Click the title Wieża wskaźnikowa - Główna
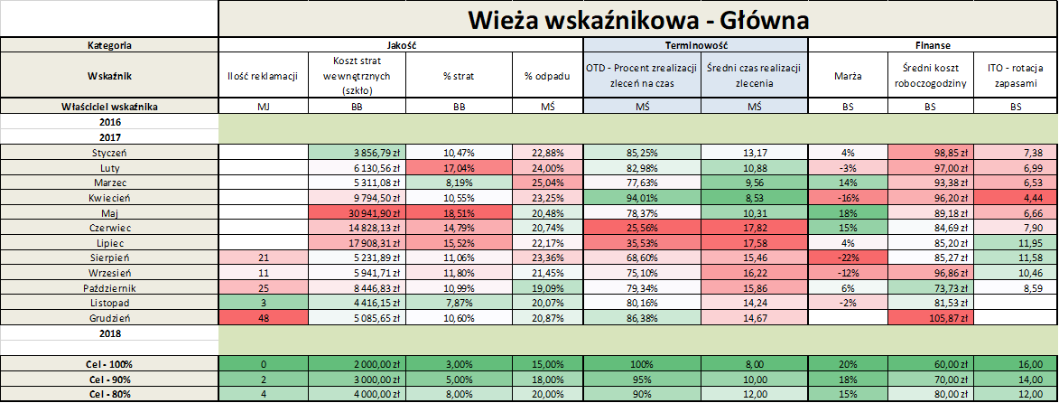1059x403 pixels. (637, 18)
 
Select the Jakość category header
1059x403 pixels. (401, 44)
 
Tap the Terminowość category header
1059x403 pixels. (695, 44)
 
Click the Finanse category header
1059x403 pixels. (932, 44)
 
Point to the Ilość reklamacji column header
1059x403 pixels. (263, 75)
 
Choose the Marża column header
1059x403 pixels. (847, 75)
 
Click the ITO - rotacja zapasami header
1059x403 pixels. (1017, 75)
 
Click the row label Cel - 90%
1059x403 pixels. (109, 380)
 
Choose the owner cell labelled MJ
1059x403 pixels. (263, 107)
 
